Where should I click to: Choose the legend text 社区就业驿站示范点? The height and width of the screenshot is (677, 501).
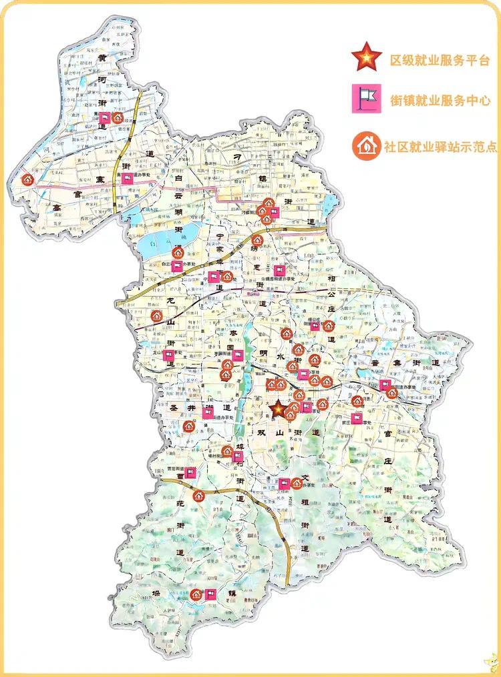pyautogui.click(x=440, y=147)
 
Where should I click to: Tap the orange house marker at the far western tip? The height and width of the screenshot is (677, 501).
pyautogui.click(x=26, y=179)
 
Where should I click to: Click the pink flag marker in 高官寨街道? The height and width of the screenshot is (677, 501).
pyautogui.click(x=127, y=178)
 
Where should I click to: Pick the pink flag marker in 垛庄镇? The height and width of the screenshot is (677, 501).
pyautogui.click(x=211, y=594)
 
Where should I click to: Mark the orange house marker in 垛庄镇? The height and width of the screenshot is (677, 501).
pyautogui.click(x=196, y=594)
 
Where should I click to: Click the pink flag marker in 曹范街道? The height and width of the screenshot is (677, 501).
pyautogui.click(x=190, y=473)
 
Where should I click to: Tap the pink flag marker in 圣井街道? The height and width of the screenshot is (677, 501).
pyautogui.click(x=208, y=413)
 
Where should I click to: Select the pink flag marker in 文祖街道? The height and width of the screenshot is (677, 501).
pyautogui.click(x=284, y=484)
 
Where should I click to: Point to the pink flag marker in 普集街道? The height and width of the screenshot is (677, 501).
pyautogui.click(x=385, y=384)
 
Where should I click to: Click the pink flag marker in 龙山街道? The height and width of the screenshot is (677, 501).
pyautogui.click(x=169, y=356)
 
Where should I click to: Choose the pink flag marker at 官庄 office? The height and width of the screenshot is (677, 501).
pyautogui.click(x=357, y=418)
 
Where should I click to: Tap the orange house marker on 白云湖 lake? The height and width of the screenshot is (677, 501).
pyautogui.click(x=178, y=253)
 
